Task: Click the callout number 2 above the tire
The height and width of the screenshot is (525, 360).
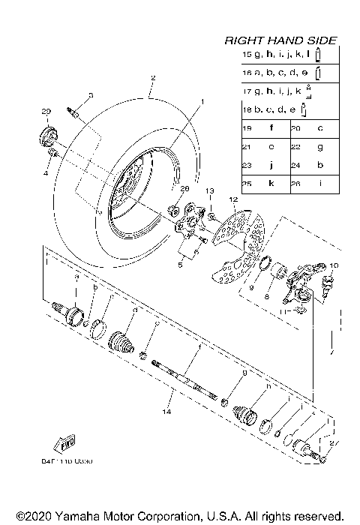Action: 152,78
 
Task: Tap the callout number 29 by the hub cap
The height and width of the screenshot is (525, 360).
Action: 45,112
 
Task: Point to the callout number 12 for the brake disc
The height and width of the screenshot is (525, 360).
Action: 233,199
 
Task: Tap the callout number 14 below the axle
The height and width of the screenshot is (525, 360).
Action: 166,410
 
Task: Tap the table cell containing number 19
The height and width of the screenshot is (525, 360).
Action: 247,129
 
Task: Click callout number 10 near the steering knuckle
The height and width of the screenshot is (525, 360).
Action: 334,265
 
